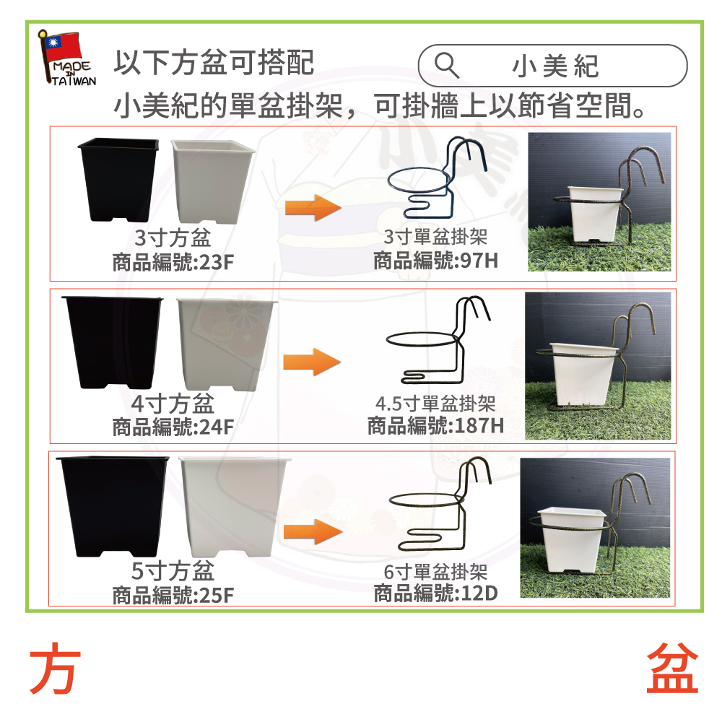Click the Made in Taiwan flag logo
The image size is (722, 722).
67,58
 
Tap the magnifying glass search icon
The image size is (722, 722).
447,66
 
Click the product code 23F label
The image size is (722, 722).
173,263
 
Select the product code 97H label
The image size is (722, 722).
435,261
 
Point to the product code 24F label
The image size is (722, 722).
173,427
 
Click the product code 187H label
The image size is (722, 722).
435,425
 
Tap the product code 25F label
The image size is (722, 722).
173,595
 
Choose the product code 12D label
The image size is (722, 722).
435,593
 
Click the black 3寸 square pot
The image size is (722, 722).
118,180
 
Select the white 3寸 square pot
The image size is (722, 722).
212,182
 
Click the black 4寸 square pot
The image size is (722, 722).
113,342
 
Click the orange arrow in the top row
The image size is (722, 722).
313,207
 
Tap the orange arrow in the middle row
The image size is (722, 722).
312,362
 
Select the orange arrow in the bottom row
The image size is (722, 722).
313,531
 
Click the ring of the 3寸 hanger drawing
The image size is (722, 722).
388,181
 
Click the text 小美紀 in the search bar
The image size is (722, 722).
555,66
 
